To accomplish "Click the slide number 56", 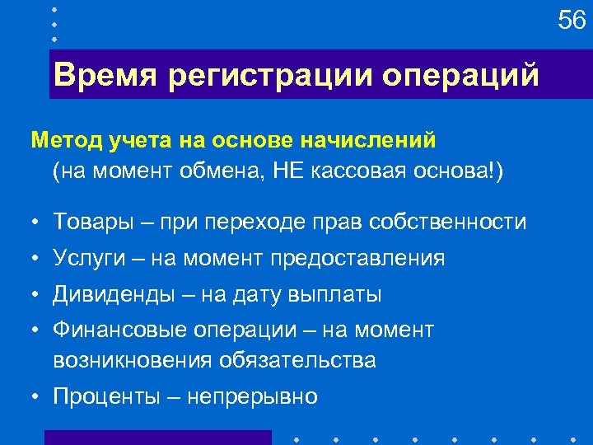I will pos(572,20).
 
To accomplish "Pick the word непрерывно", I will pos(252,396).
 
